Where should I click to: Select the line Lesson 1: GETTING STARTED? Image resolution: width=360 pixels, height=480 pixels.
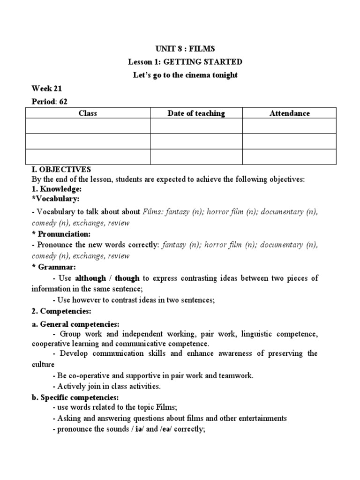pos(185,61)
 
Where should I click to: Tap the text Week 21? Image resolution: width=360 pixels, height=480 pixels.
pos(47,88)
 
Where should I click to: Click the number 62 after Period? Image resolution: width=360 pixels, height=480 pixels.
pos(63,101)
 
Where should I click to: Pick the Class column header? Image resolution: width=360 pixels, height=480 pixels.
pos(88,113)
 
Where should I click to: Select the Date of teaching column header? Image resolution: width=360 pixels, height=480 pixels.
pos(196,113)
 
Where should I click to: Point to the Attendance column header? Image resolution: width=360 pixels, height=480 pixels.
pos(289,113)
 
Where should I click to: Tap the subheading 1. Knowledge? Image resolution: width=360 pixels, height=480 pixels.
pos(57,189)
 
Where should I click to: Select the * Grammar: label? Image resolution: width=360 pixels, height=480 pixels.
pos(53,267)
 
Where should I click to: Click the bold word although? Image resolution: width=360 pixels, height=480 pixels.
pos(90,278)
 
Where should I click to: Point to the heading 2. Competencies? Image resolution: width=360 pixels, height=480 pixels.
pos(61,311)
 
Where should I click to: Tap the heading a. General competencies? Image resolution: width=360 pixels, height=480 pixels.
pos(75,324)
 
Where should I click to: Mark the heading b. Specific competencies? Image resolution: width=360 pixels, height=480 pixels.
pos(75,397)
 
